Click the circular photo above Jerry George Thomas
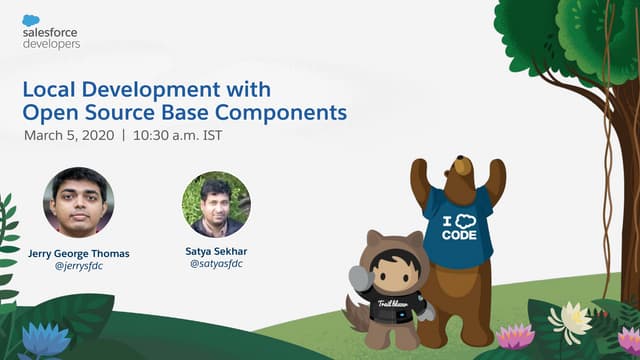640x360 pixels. tap(78, 201)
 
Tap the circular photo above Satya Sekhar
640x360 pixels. tap(215, 204)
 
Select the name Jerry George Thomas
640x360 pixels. tap(78, 254)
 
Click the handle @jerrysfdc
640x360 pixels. tap(78, 267)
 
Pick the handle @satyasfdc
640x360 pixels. tap(215, 265)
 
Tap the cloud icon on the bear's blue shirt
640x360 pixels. tap(457, 221)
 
